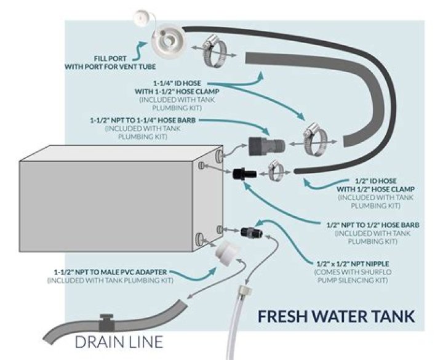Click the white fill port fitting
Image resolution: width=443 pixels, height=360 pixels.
166,42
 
